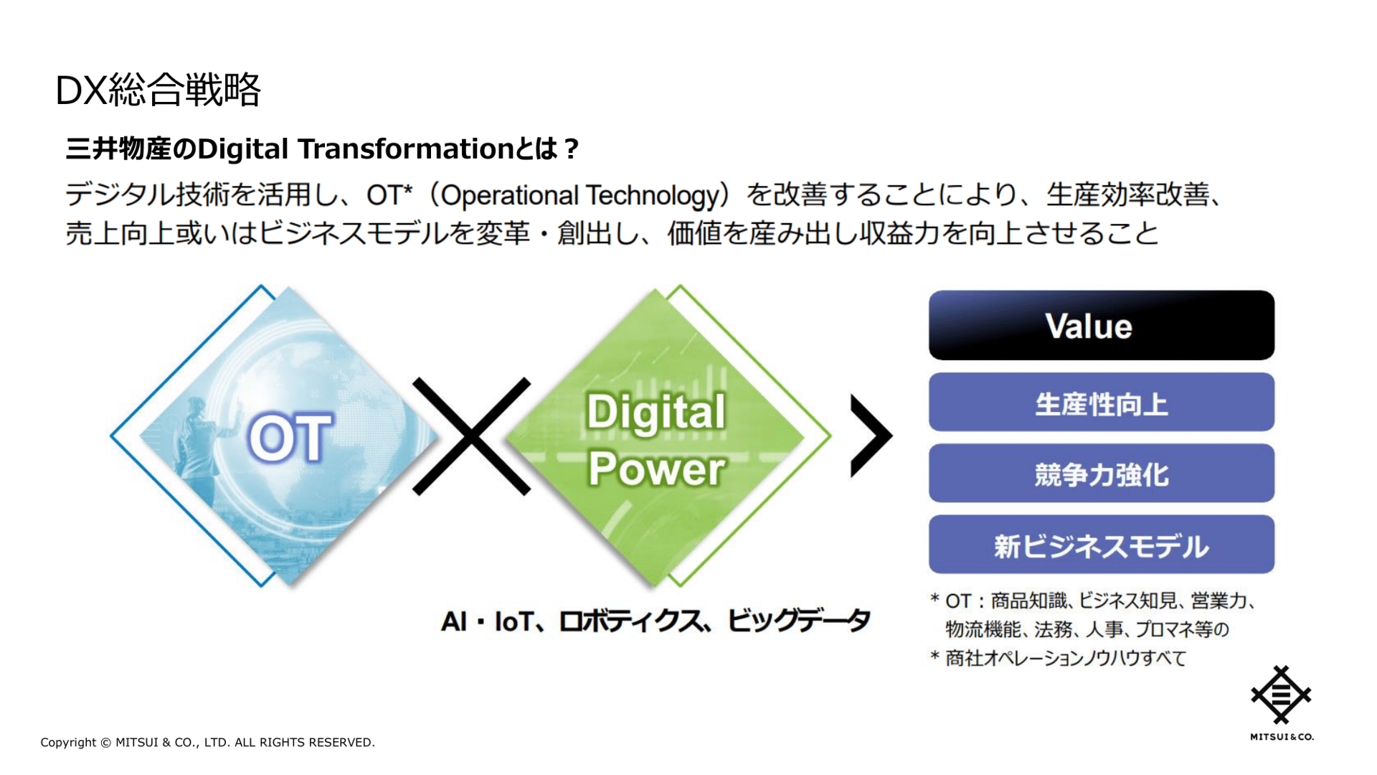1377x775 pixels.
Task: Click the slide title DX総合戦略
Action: point(158,90)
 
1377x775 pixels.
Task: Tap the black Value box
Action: point(1101,326)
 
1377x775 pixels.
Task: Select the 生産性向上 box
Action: point(1101,403)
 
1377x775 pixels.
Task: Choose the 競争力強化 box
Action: point(1101,474)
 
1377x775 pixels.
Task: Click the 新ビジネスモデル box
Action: point(1101,545)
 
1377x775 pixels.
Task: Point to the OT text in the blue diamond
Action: point(290,438)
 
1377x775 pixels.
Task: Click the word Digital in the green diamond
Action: point(656,413)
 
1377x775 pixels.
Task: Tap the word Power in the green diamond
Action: point(656,469)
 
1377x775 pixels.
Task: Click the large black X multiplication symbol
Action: point(471,436)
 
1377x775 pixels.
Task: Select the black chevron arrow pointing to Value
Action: point(870,436)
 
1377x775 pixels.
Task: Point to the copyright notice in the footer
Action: point(207,742)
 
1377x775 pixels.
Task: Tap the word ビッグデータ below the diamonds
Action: point(798,621)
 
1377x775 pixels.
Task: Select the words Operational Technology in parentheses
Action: point(579,195)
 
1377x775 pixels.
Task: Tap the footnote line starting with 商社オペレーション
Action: point(1065,657)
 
